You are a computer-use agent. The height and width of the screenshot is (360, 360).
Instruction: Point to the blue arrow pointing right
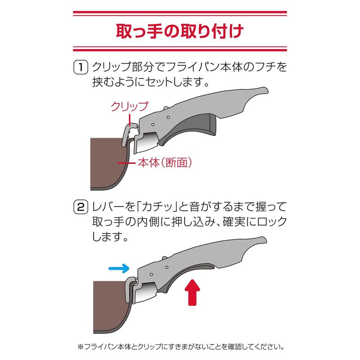click(119, 269)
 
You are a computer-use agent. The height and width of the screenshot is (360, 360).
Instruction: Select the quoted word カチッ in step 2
click(157, 208)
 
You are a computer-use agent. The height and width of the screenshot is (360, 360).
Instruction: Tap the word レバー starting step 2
click(108, 208)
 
